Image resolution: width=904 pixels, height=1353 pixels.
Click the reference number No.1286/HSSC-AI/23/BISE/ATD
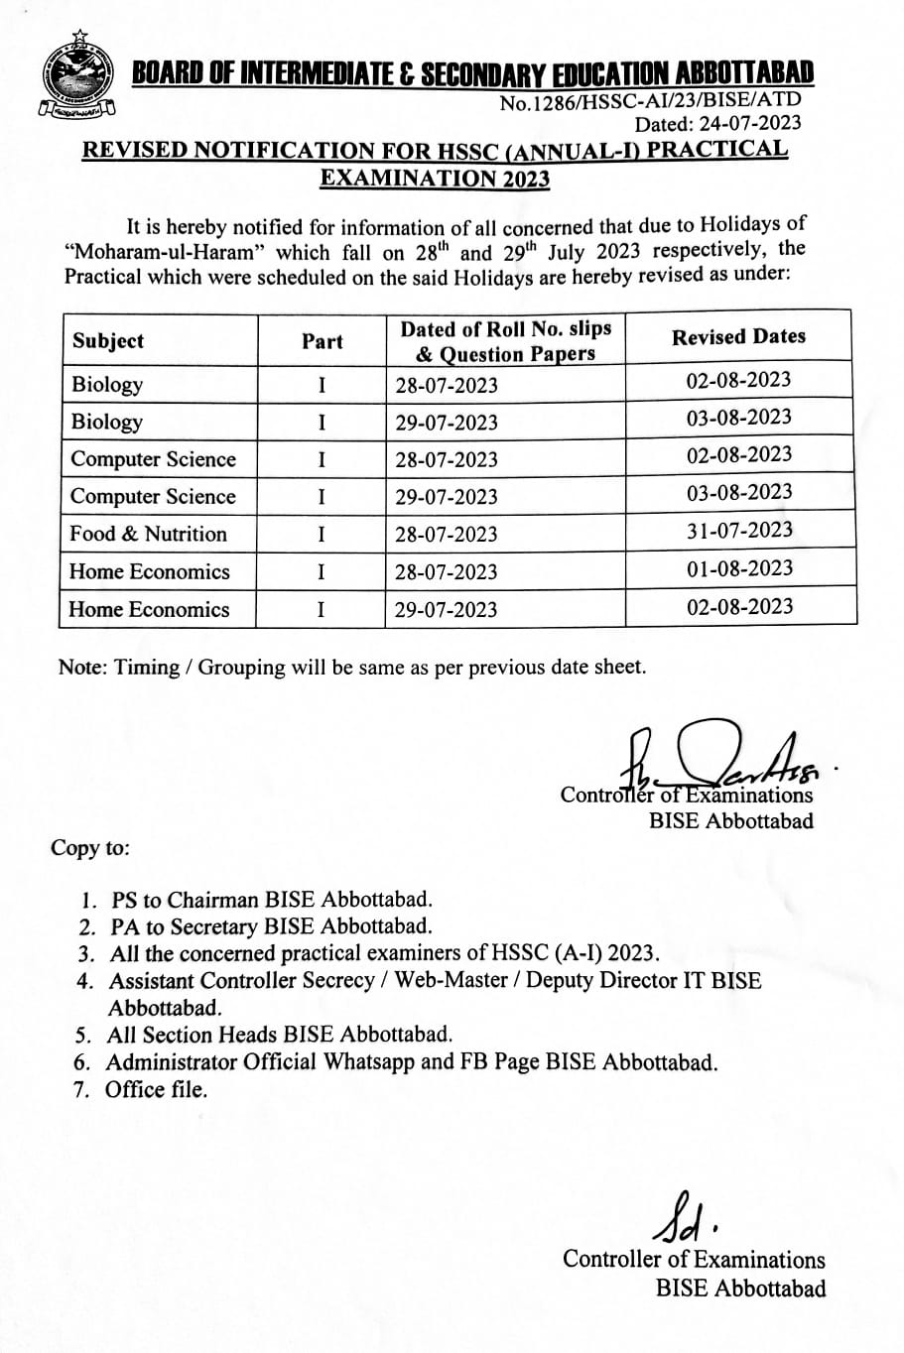pyautogui.click(x=649, y=101)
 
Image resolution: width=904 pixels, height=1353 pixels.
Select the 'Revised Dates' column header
pyautogui.click(x=738, y=337)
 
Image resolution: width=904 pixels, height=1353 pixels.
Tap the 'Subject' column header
pyautogui.click(x=107, y=341)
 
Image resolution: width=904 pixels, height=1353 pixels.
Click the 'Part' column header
pyautogui.click(x=322, y=341)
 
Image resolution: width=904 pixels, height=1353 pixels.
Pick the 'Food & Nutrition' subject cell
pyautogui.click(x=148, y=534)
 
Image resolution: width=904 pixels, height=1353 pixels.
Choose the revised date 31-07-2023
pyautogui.click(x=739, y=531)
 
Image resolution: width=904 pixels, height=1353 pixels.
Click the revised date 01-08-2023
pyautogui.click(x=739, y=568)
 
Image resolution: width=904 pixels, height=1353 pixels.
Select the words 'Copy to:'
pyautogui.click(x=89, y=848)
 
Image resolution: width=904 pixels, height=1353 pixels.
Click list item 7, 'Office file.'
pyautogui.click(x=156, y=1089)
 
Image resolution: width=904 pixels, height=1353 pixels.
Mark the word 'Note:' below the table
pyautogui.click(x=83, y=668)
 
